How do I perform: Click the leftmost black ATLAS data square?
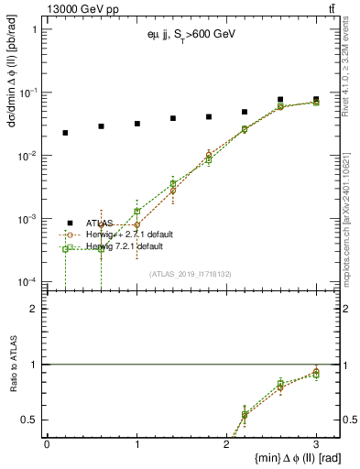[x=65, y=133]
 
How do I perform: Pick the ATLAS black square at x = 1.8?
[x=209, y=117]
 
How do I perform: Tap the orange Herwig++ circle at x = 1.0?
[x=137, y=224]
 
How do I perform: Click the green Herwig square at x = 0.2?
[x=65, y=249]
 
